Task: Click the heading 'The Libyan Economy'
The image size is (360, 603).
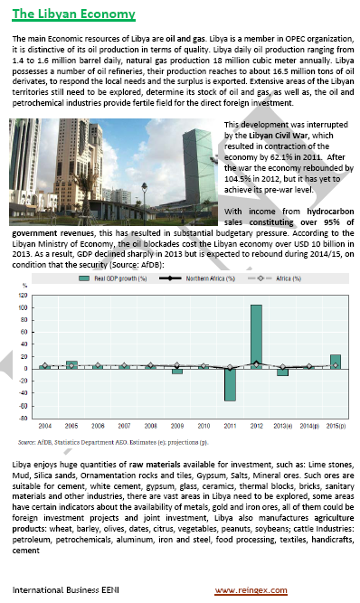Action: click(74, 14)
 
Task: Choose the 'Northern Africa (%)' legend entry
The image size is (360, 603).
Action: click(194, 281)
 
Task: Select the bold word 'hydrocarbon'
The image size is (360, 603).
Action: click(325, 210)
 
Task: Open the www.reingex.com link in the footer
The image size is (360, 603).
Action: click(251, 589)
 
